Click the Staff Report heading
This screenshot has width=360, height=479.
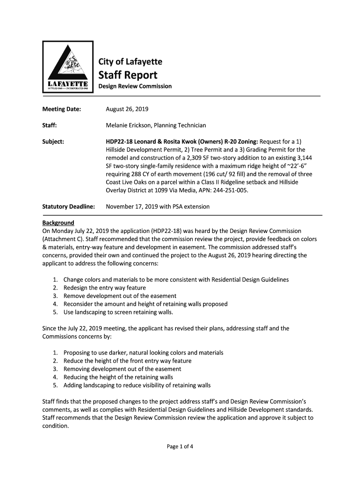[127, 75]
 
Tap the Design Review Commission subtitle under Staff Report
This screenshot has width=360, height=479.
[135, 87]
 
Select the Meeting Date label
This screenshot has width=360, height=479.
[62, 109]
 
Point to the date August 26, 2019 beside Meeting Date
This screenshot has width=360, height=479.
[127, 109]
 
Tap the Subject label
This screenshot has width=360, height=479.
[53, 141]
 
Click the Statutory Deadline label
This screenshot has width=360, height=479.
[69, 206]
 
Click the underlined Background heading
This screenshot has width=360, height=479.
[58, 223]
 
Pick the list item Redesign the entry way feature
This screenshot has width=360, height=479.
[105, 288]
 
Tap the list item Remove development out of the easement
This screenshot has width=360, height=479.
[120, 296]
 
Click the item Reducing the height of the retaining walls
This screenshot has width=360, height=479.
[118, 377]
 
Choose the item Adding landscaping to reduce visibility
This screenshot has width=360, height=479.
[137, 385]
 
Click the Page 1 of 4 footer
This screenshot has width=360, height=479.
[180, 446]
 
